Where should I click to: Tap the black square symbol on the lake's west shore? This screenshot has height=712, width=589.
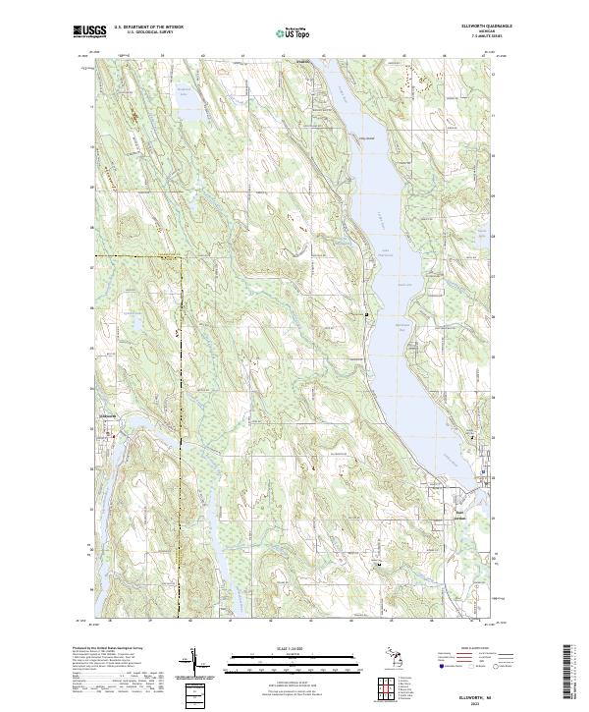click(x=367, y=314)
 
